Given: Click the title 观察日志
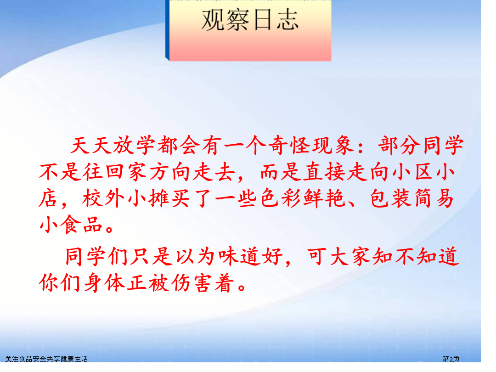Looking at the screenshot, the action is tap(250, 20).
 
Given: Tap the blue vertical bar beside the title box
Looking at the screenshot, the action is tap(167, 30).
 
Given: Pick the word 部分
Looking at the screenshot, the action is tap(400, 146).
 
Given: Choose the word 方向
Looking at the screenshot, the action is tap(170, 172).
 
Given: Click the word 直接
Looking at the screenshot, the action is tap(324, 172).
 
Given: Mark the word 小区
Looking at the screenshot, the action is tap(412, 172).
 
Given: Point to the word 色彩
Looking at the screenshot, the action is tap(281, 199).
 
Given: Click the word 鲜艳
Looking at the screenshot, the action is tap(325, 199).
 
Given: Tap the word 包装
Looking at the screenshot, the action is tap(391, 199).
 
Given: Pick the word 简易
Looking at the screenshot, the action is tap(434, 199).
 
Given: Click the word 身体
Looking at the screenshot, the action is tap(104, 282).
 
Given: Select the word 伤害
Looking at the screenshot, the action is tap(192, 282).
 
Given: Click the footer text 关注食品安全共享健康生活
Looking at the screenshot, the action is tap(46, 359).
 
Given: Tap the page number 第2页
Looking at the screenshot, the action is tap(451, 359).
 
